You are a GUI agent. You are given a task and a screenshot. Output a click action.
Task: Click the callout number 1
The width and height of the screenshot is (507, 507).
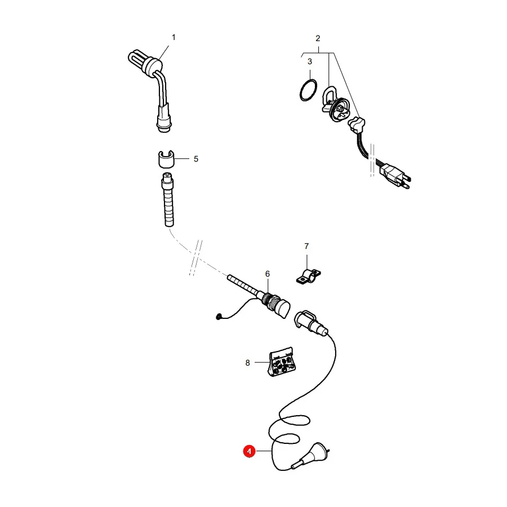[x=174, y=38]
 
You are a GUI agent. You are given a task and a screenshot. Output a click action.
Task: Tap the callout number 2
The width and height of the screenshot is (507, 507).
[x=318, y=38]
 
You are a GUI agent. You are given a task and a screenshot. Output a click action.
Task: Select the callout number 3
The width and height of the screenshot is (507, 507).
[x=310, y=61]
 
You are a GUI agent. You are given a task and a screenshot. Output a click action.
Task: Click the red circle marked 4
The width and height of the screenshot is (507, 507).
[x=250, y=451]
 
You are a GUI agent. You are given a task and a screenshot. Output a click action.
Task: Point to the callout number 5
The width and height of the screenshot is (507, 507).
[x=196, y=159]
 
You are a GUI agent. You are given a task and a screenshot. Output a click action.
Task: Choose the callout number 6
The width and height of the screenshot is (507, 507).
[x=268, y=274]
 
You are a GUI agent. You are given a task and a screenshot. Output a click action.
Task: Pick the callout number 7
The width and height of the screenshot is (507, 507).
[x=306, y=246]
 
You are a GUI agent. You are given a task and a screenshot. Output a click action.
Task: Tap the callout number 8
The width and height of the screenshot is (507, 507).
[x=248, y=363]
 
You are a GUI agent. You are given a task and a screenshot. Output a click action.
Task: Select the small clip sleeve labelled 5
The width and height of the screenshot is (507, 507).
[x=166, y=159]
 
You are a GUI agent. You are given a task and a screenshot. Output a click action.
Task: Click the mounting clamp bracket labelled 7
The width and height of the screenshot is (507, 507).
[x=309, y=276]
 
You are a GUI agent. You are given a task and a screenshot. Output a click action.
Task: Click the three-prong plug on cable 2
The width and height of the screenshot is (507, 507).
[x=394, y=175]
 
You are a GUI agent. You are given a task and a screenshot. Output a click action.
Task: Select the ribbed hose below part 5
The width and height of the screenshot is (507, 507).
[x=168, y=200]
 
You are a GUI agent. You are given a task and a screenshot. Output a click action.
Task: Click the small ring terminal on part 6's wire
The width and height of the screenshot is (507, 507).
[x=219, y=317]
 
